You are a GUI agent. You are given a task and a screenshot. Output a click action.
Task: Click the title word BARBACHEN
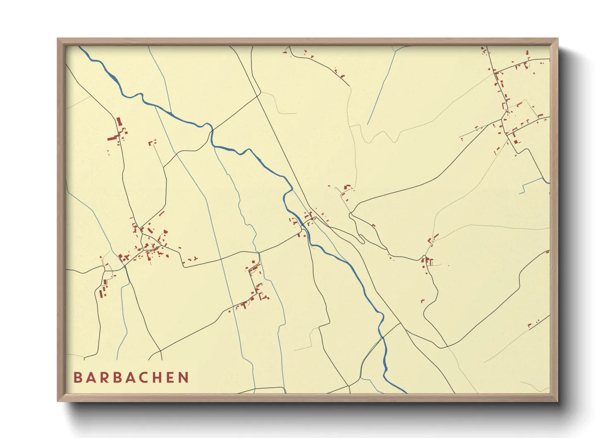(x=131, y=378)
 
